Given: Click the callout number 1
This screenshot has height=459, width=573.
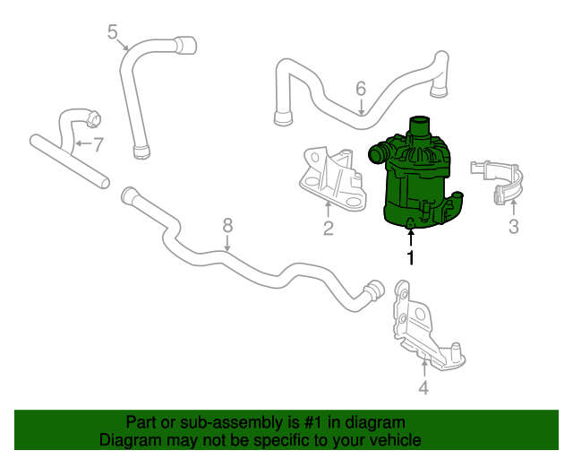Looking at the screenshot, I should coord(410,259).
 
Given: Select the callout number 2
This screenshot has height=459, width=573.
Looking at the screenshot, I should coord(328,228).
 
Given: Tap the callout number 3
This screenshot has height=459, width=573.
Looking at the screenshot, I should coord(513,227).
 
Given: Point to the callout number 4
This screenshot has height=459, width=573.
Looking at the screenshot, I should coord(423,387).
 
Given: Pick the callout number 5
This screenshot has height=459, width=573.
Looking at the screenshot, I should coord(112,33).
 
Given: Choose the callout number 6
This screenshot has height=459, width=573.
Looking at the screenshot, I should coord(361,88).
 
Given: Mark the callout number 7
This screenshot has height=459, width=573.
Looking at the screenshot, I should coord(98,143).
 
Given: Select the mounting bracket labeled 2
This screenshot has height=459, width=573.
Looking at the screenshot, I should coord(331,177).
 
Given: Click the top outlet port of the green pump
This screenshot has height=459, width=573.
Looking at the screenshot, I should coord(419,126).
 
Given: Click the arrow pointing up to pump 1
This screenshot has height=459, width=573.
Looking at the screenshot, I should coord(410,237).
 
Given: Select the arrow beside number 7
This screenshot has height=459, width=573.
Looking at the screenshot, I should coord(82,143).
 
